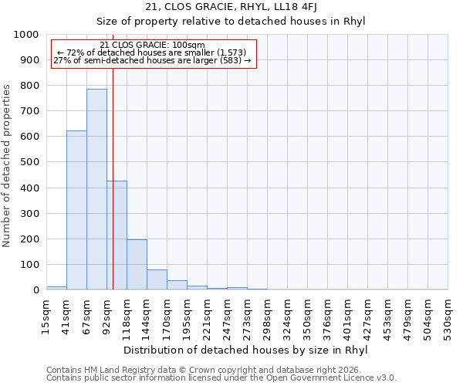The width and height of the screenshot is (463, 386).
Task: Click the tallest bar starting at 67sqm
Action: click(x=96, y=189)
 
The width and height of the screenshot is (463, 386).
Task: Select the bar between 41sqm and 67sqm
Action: click(x=76, y=210)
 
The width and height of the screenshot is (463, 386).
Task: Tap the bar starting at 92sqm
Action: click(x=117, y=235)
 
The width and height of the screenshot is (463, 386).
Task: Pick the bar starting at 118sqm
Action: click(x=137, y=265)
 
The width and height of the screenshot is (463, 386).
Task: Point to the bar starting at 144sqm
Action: click(x=157, y=279)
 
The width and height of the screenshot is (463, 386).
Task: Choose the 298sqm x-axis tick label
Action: click(x=267, y=317)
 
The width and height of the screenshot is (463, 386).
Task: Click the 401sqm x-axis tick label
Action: click(x=347, y=317)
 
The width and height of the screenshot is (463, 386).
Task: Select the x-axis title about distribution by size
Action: click(x=245, y=350)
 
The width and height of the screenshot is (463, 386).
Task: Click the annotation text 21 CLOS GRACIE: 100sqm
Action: click(x=153, y=46)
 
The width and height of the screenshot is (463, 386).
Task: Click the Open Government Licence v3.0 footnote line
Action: click(x=221, y=378)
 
